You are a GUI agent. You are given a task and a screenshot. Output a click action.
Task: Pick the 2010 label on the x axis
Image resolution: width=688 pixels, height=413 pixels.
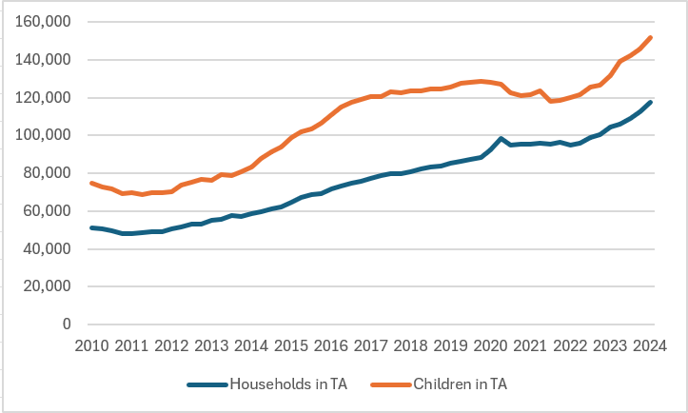(90, 344)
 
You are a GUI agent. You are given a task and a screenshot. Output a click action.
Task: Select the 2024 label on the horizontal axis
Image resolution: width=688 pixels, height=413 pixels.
(651, 344)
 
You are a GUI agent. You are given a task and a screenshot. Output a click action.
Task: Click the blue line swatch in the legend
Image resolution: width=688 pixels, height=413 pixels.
(207, 384)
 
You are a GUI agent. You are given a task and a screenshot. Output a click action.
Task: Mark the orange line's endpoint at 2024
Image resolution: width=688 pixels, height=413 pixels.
(651, 38)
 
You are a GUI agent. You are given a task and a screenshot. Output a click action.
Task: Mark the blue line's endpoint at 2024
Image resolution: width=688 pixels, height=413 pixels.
(651, 102)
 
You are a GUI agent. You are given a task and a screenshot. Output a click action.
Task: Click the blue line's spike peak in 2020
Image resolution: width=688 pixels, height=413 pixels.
(501, 139)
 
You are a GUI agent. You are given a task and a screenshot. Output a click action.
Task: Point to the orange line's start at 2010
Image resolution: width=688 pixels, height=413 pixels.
(90, 183)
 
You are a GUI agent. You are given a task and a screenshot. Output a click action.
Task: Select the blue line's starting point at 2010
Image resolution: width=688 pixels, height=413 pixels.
(90, 227)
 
